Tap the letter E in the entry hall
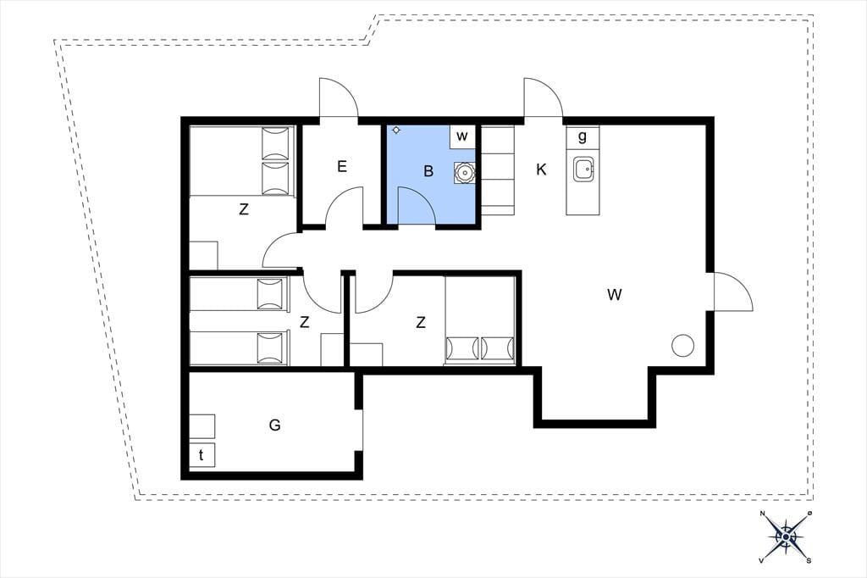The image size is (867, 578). pos(342,166)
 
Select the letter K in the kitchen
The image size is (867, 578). pos(541,170)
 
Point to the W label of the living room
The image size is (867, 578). pos(615,294)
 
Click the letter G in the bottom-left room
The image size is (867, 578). pos(274,425)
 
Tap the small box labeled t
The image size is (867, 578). pos(202,455)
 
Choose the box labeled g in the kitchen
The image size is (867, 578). pos(583,136)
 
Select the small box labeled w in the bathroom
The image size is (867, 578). pos(462,136)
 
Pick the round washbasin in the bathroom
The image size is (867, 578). pos(465,173)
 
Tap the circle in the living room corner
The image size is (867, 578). pos(682,346)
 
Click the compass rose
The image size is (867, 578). pos(786,536)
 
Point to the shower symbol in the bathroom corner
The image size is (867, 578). pos(396,131)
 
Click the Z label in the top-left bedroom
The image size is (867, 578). pos(243,210)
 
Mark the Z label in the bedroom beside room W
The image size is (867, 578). pos(421,322)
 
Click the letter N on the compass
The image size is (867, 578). pos(763,514)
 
